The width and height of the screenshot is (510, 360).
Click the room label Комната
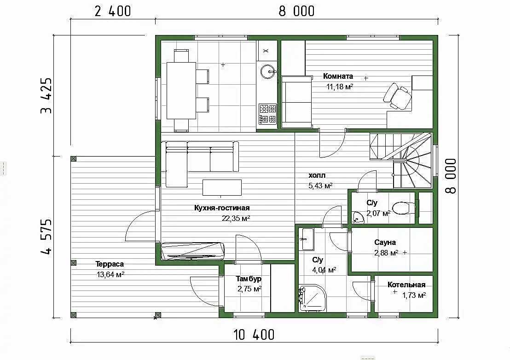pyautogui.click(x=338, y=76)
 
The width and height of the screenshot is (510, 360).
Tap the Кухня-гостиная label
pyautogui.click(x=222, y=208)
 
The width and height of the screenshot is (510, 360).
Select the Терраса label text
pyautogui.click(x=109, y=264)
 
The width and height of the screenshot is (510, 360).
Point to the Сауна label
pyautogui.click(x=385, y=242)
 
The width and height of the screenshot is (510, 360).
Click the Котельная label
pyautogui.click(x=406, y=285)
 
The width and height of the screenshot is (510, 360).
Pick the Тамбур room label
pyautogui.click(x=249, y=279)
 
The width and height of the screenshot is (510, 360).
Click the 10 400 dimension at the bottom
pyautogui.click(x=254, y=335)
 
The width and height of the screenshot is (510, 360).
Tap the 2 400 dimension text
pyautogui.click(x=112, y=11)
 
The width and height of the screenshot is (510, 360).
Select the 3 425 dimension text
pyautogui.click(x=46, y=96)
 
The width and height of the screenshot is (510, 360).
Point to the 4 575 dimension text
pyautogui.click(x=46, y=237)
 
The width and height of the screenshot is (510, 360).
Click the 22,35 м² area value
pyautogui.click(x=236, y=219)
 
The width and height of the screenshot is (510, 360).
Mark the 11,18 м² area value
pyautogui.click(x=340, y=87)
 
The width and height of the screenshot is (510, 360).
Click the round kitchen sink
pyautogui.click(x=268, y=71)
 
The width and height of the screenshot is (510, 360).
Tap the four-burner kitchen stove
pyautogui.click(x=267, y=114)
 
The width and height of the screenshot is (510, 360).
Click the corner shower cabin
pyautogui.click(x=312, y=298)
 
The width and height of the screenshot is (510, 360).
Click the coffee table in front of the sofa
pyautogui.click(x=222, y=187)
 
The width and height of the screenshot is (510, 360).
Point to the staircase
pyautogui.click(x=401, y=160)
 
